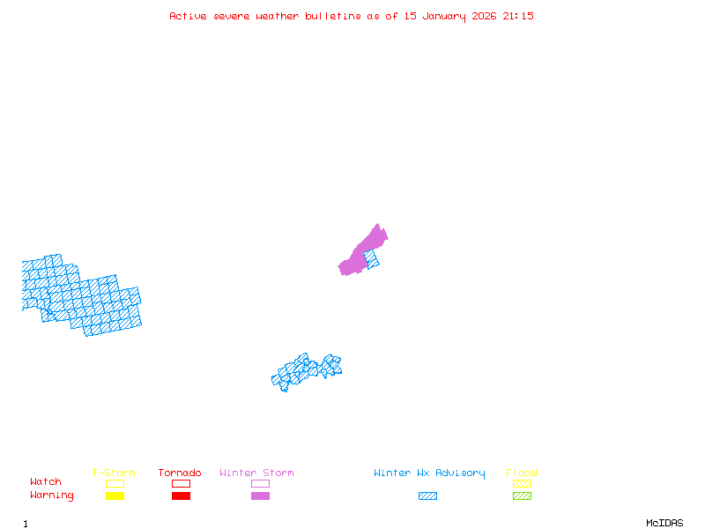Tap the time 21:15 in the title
(518, 16)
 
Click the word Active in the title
(188, 16)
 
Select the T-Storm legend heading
(114, 473)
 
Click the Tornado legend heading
(180, 473)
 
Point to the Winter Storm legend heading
(256, 473)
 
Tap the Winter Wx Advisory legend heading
(429, 473)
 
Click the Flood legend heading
(522, 473)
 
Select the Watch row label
(46, 482)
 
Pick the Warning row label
(52, 495)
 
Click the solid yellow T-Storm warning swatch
(115, 496)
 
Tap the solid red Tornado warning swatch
(181, 496)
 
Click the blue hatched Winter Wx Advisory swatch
(427, 496)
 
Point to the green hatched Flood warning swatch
(522, 496)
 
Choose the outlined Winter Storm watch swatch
(260, 484)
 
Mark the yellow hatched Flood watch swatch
(522, 484)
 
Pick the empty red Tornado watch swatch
(181, 484)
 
